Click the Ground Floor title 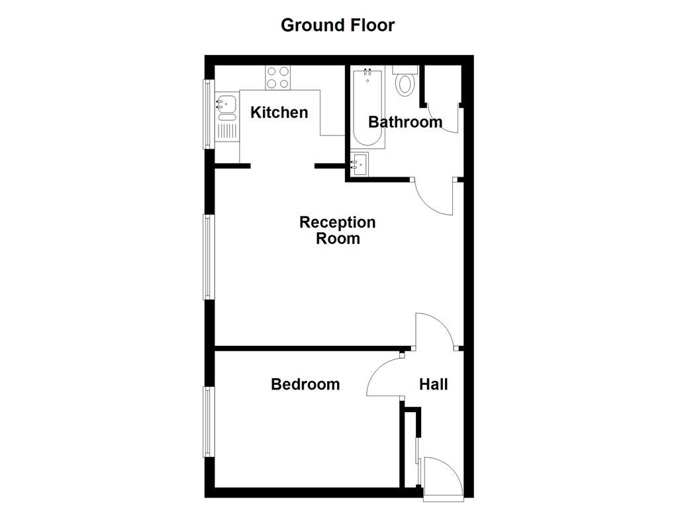click(x=338, y=25)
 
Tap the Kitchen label click(x=279, y=112)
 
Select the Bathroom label click(x=405, y=122)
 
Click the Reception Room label click(x=338, y=230)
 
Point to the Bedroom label click(x=305, y=384)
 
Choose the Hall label click(x=434, y=384)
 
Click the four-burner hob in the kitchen click(x=278, y=77)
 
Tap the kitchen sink click(x=226, y=105)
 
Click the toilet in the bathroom click(x=404, y=83)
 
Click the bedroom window click(x=208, y=421)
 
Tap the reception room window click(x=208, y=257)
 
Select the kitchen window click(x=208, y=114)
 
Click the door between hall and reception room click(x=434, y=331)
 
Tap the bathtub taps click(x=367, y=72)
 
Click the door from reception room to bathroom click(x=434, y=197)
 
